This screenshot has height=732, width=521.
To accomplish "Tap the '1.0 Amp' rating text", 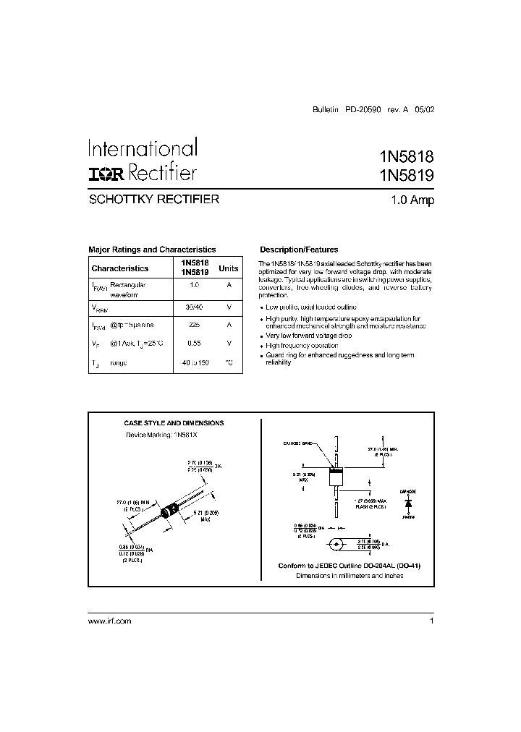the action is tap(412, 200).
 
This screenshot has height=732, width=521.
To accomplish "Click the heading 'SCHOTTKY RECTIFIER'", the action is tap(153, 199).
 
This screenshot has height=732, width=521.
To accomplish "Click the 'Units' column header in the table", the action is tap(229, 268).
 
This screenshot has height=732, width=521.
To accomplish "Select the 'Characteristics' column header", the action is tap(120, 268).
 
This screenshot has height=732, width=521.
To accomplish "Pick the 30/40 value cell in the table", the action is tap(194, 307).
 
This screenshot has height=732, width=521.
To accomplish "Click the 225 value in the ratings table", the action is tap(194, 325).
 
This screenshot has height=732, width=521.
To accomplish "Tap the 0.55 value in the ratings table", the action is tap(194, 344).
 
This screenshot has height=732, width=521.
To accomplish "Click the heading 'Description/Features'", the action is tap(299, 250).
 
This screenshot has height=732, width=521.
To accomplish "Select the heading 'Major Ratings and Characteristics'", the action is tap(152, 250).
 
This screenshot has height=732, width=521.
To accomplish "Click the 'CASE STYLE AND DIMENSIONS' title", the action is tap(174, 423).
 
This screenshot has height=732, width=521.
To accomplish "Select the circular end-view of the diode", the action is tap(336, 545).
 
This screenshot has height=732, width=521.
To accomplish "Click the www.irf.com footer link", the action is tap(109, 621).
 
